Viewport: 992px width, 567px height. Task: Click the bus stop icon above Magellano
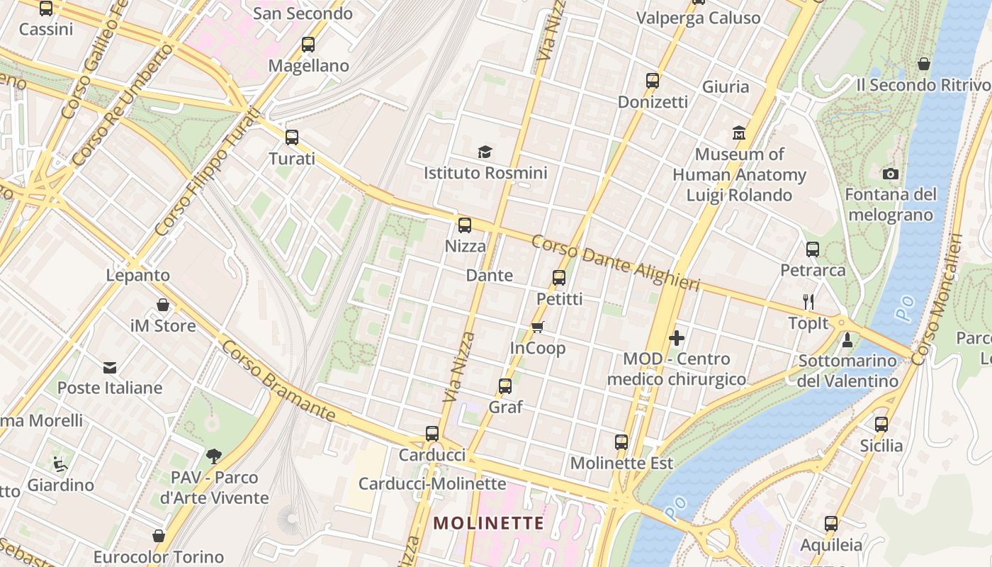point(308,45)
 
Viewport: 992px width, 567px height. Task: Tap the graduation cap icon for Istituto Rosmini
point(485,152)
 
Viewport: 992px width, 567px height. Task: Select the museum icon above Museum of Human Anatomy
point(739,133)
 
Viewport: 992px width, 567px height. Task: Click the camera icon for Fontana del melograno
point(891,174)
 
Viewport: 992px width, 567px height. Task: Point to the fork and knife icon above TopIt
point(808,301)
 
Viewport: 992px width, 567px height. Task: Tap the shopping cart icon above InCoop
point(538,327)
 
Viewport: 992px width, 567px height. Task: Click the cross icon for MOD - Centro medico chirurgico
point(677,338)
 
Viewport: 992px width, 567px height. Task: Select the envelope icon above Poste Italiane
point(110,367)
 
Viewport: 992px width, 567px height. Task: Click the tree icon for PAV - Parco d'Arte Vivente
point(213,456)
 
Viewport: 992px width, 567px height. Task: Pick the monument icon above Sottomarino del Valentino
point(847,341)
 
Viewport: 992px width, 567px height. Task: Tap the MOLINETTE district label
point(489,524)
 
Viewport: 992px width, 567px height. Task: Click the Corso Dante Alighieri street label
point(615,263)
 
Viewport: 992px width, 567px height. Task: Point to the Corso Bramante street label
point(277,381)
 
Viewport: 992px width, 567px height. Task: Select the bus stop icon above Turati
point(292,137)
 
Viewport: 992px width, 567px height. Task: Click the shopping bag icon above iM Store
point(163,305)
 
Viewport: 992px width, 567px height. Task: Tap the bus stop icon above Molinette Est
point(621,442)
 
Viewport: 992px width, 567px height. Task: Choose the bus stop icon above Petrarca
point(813,249)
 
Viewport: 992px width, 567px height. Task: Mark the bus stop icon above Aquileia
point(831,524)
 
